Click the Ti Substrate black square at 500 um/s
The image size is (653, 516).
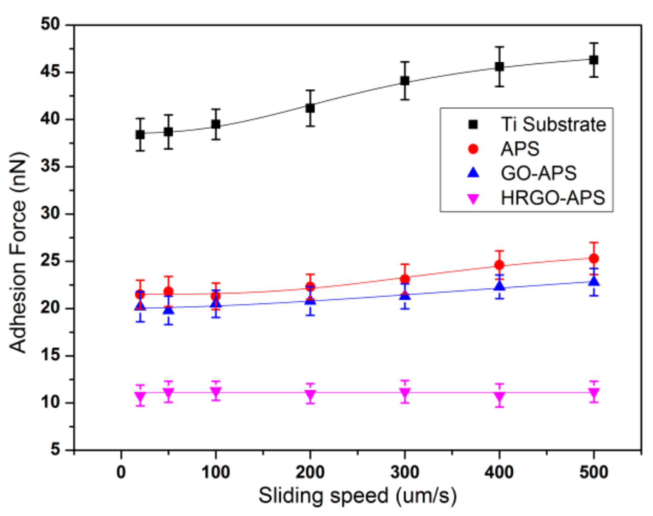click(593, 60)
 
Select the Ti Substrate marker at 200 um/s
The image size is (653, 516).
click(310, 108)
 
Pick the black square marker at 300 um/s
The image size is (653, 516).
click(405, 81)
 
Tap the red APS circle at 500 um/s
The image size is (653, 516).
click(593, 258)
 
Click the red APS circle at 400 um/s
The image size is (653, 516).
click(499, 265)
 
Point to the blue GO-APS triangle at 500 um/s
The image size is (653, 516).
click(593, 281)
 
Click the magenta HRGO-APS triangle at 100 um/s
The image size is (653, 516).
click(216, 391)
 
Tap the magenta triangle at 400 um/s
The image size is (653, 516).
click(499, 397)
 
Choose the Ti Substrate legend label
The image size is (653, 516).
click(553, 124)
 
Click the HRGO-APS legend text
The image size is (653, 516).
click(552, 198)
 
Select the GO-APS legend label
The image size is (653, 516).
click(538, 173)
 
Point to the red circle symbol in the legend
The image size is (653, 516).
click(473, 149)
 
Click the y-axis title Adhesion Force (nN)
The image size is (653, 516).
click(18, 252)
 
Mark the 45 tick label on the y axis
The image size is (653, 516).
click(51, 72)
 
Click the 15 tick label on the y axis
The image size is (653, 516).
click(51, 355)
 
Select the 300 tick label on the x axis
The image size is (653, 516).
click(405, 472)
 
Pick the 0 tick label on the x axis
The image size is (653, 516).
click(121, 472)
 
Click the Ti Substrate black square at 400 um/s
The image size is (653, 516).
click(499, 67)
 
